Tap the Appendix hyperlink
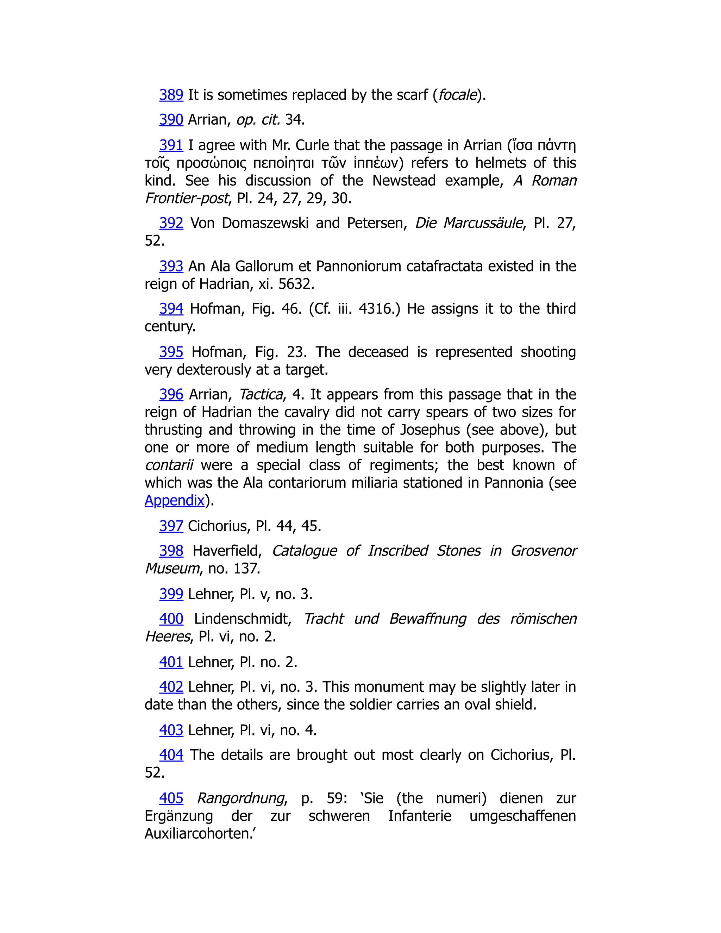pos(174,500)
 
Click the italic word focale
pos(457,95)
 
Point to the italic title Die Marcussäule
pos(469,223)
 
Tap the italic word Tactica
pos(261,394)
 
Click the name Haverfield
pos(227,551)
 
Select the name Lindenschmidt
pos(242,619)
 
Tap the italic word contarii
pos(169,465)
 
